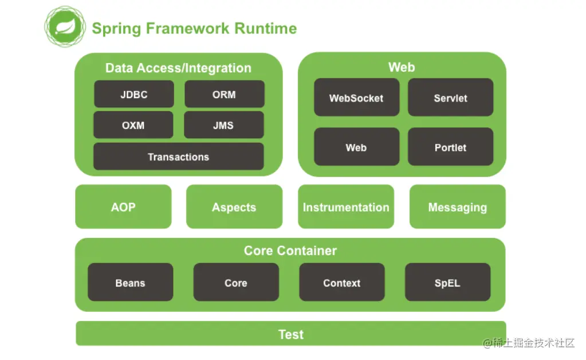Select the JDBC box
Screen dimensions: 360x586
133,95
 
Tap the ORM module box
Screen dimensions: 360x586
224,95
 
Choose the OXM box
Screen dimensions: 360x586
133,125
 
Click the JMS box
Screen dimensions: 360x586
223,125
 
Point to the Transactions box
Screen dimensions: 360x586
178,156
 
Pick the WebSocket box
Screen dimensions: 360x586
356,97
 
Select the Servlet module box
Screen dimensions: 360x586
450,97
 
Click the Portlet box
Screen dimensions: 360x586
450,147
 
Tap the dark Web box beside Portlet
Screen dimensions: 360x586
356,147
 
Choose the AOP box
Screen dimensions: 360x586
123,207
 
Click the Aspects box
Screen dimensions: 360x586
234,207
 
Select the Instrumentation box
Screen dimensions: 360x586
345,207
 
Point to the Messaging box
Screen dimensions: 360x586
457,207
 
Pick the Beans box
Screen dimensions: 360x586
130,283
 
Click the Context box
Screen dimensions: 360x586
341,283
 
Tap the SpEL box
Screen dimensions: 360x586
447,283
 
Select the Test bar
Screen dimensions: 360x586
290,334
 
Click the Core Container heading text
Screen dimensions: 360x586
290,251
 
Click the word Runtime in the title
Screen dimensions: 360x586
266,28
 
